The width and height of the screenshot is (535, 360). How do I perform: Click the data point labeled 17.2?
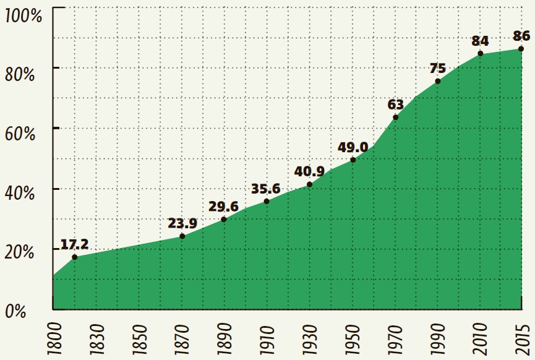point(74,257)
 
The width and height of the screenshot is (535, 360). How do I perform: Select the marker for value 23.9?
point(182,236)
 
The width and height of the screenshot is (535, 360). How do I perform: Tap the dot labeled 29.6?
point(223,219)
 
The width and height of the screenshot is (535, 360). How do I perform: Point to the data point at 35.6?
point(267,201)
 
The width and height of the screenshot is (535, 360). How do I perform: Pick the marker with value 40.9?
point(309,184)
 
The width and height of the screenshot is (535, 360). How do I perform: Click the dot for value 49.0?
point(353,160)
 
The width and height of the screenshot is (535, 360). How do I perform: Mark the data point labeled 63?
point(395,117)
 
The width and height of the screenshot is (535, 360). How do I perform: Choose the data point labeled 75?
point(437,81)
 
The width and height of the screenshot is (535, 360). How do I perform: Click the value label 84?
point(480,41)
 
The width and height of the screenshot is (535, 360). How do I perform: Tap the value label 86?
point(521,35)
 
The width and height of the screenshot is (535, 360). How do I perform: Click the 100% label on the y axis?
point(23,15)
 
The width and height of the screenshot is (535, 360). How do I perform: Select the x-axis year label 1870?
point(182,338)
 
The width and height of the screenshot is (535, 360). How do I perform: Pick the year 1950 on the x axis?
point(353,338)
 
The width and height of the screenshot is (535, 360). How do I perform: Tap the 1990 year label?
point(437,338)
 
